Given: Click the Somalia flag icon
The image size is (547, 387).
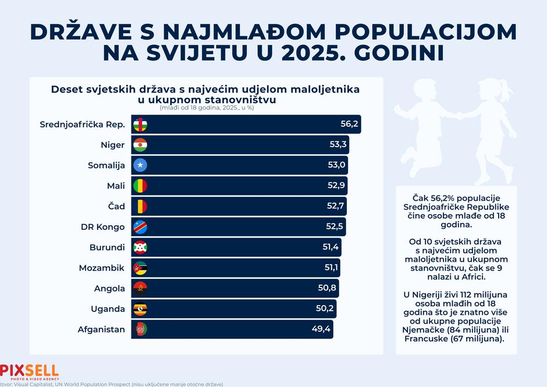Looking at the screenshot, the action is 140,165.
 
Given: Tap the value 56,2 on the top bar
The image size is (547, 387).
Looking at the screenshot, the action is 349,124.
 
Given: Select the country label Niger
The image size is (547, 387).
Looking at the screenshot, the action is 113,145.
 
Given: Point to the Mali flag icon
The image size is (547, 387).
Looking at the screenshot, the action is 140,186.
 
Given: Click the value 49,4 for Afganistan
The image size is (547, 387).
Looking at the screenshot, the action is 321,329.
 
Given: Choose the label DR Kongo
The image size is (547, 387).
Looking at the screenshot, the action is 102,227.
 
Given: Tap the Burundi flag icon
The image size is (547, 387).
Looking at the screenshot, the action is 140,247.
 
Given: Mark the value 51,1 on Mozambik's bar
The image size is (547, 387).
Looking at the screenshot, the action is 331,267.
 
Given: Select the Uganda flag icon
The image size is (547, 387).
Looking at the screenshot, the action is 140,309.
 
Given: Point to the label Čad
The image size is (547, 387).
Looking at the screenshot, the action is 116,206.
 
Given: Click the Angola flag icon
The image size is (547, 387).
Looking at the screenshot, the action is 140,288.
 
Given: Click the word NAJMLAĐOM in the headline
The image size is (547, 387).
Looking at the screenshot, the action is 244,32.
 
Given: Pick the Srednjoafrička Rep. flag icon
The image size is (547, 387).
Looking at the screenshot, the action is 140,125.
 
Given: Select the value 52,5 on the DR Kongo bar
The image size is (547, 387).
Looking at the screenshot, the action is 335,226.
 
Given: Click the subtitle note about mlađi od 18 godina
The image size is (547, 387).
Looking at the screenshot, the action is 207,108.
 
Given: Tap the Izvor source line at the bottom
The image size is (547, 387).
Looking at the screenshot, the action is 112,384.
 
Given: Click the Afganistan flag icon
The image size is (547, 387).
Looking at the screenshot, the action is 140,329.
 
